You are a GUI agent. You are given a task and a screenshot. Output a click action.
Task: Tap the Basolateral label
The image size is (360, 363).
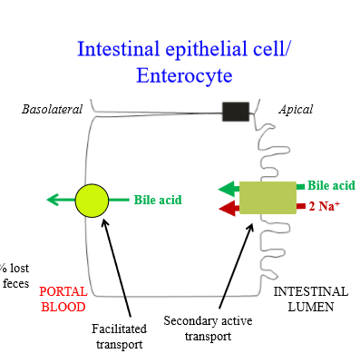click(52, 110)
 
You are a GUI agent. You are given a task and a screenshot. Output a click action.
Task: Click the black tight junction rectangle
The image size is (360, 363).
click(236, 111)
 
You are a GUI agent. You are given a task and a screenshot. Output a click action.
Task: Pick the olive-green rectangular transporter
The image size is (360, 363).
click(268, 197)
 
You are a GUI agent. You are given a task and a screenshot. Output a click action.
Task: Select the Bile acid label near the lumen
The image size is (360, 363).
click(331, 185)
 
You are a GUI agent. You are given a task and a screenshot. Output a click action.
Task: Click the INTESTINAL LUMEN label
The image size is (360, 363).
click(310, 299)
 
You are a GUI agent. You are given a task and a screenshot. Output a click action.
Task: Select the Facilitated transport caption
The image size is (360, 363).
click(118, 335)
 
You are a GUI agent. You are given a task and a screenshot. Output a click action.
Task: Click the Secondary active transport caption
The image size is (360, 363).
click(208, 328)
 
